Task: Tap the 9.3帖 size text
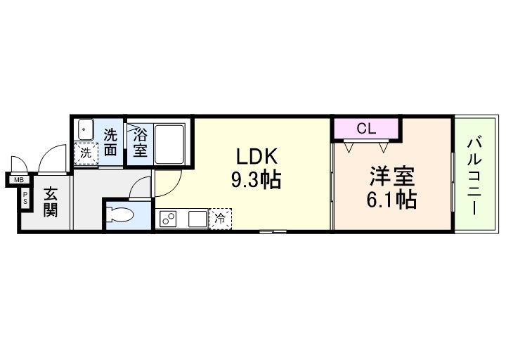point(257,181)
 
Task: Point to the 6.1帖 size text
point(390,200)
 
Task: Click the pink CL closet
point(365,129)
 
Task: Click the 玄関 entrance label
point(50,202)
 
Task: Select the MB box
point(14,181)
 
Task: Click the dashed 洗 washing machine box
point(85,153)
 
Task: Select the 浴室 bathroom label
point(139,143)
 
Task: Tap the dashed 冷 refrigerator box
point(219,219)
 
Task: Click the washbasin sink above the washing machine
point(85,130)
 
